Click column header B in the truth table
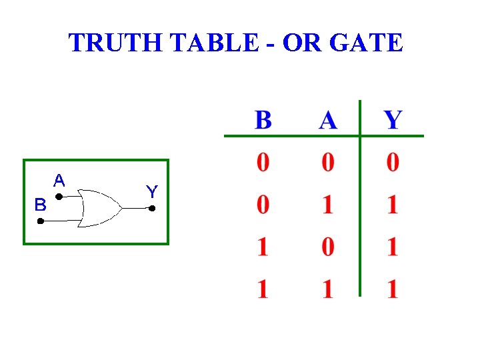pyautogui.click(x=263, y=121)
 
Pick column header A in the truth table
pyautogui.click(x=327, y=121)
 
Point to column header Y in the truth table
pyautogui.click(x=393, y=121)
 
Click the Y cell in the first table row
pyautogui.click(x=393, y=163)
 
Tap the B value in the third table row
pyautogui.click(x=263, y=247)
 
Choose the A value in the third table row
pyautogui.click(x=327, y=247)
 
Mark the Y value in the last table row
pyautogui.click(x=393, y=289)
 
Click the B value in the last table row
pyautogui.click(x=263, y=289)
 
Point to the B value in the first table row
pyautogui.click(x=263, y=163)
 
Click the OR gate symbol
pyautogui.click(x=99, y=208)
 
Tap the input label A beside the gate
pyautogui.click(x=59, y=180)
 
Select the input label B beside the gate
pyautogui.click(x=41, y=205)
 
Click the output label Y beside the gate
pyautogui.click(x=151, y=192)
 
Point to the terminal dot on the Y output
pyautogui.click(x=152, y=209)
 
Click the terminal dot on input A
pyautogui.click(x=59, y=197)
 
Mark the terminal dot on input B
pyautogui.click(x=40, y=221)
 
